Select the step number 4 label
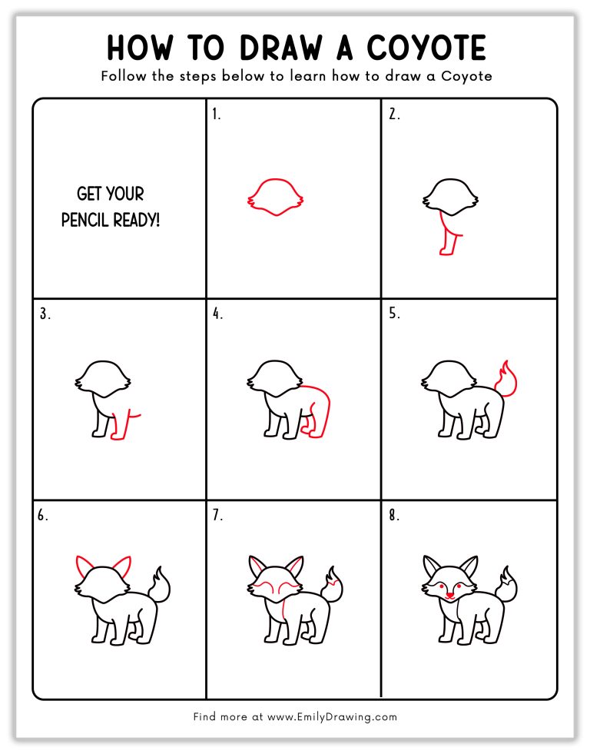(x=217, y=314)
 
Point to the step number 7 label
(x=217, y=516)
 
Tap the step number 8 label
(x=393, y=516)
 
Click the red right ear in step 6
(x=121, y=567)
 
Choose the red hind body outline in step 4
(x=321, y=407)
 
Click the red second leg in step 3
(x=120, y=427)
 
